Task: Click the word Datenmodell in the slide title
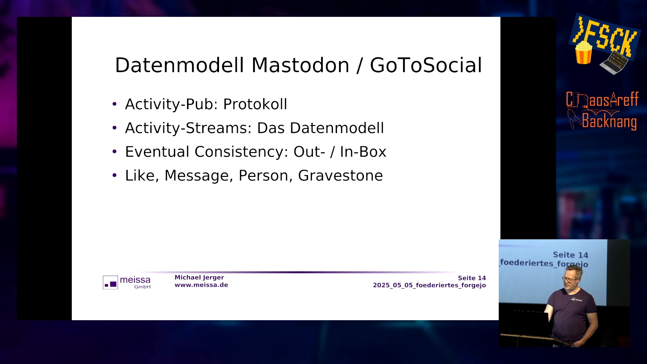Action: click(x=179, y=65)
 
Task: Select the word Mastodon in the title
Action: click(x=300, y=65)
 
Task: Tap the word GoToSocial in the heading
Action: click(x=426, y=65)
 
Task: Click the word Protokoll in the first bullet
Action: click(x=255, y=104)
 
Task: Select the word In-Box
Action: click(x=363, y=152)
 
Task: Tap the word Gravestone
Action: click(x=340, y=176)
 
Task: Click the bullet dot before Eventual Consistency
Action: click(x=115, y=151)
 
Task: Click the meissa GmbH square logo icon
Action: click(x=111, y=282)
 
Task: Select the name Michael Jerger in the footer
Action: click(x=199, y=277)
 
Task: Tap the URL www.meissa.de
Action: click(x=201, y=285)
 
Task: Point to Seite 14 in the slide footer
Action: click(x=472, y=278)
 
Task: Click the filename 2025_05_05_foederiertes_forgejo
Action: click(x=429, y=285)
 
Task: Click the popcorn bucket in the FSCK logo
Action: click(x=584, y=52)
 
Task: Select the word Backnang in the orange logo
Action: click(x=609, y=121)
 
